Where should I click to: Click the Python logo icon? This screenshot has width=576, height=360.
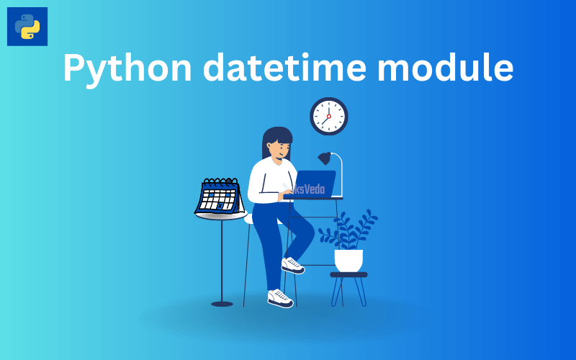pos(27,27)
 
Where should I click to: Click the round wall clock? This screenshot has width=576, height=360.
pos(328,116)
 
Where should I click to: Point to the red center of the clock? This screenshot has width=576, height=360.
pos(328,116)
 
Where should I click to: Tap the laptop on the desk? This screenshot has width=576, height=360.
pos(314,184)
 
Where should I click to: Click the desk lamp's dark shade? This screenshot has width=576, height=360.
pos(324,158)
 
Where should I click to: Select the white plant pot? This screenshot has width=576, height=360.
pos(348,260)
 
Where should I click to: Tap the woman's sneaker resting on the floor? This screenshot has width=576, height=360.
pos(280,297)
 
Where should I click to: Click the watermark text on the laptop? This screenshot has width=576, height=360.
pos(310,189)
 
